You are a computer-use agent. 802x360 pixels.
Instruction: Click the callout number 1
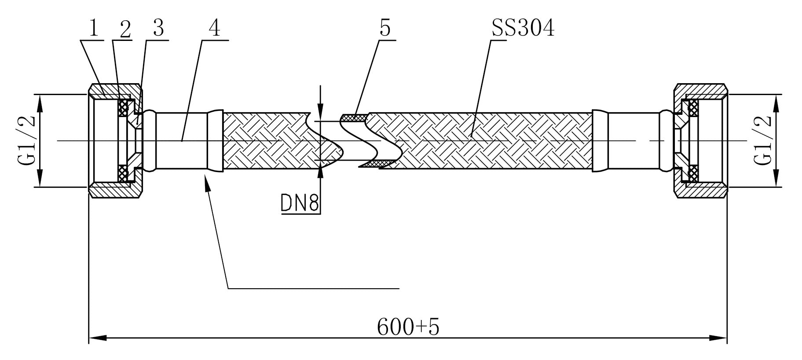93,29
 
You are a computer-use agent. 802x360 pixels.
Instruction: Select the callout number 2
125,29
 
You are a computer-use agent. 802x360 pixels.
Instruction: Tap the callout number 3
158,29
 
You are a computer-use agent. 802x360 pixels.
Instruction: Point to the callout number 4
214,29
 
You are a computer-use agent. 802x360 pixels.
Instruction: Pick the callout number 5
385,29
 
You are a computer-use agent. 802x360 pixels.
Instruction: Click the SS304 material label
523,29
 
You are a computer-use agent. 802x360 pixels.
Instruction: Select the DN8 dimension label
300,203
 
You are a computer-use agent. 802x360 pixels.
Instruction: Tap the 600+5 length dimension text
408,327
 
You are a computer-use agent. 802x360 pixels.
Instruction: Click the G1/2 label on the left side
26,140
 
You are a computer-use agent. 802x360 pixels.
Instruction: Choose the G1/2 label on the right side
763,140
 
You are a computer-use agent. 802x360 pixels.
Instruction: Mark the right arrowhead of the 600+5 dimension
718,338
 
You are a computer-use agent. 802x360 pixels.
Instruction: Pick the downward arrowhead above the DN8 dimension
321,110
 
